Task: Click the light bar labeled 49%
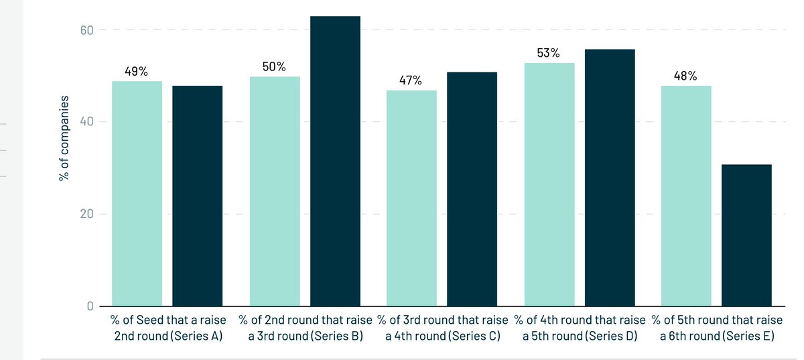point(137,194)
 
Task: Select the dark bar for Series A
point(197,196)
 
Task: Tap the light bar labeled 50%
point(275,192)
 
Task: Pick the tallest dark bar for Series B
point(335,161)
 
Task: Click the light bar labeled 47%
point(411,198)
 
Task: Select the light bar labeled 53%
point(549,184)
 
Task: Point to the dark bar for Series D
point(609,178)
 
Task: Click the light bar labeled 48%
point(686,196)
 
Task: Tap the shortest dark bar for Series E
point(746,235)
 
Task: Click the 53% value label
point(548,53)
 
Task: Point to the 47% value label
point(411,80)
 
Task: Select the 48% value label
point(685,76)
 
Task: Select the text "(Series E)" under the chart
point(747,336)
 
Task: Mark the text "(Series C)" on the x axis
point(474,336)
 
